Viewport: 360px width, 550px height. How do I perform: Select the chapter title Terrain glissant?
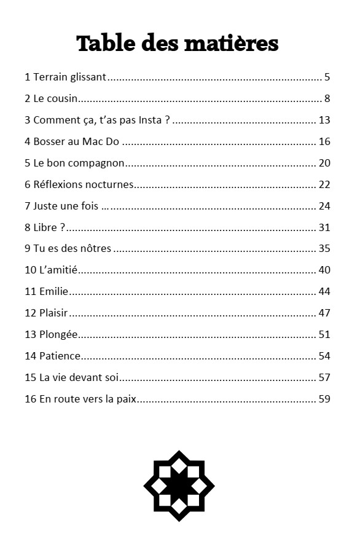click(69, 77)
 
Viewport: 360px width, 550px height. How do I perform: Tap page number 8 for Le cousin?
click(327, 98)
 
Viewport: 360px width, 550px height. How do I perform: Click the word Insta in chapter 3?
click(151, 120)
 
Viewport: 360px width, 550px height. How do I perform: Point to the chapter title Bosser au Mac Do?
click(76, 141)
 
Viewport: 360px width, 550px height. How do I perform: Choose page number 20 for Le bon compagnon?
click(324, 163)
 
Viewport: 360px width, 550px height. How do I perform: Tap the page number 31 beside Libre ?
click(324, 227)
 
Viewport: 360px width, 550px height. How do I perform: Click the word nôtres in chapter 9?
click(95, 249)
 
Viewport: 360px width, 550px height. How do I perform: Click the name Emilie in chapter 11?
click(53, 291)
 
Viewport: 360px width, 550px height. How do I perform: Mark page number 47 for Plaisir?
click(324, 313)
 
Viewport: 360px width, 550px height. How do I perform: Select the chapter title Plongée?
click(59, 334)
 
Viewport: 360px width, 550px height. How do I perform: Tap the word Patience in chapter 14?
click(60, 356)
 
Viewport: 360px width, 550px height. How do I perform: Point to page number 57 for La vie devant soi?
click(324, 377)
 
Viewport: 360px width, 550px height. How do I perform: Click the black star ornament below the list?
click(179, 485)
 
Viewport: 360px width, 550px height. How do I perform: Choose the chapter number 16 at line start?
click(30, 399)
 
